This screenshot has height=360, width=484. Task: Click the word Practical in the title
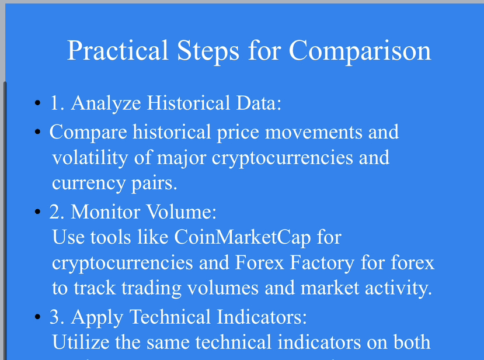pyautogui.click(x=117, y=50)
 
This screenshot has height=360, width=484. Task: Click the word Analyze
pyautogui.click(x=106, y=103)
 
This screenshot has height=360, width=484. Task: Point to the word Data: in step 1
pyautogui.click(x=259, y=103)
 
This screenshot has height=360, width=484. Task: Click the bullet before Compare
pyautogui.click(x=38, y=132)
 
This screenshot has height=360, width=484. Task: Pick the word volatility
pyautogui.click(x=90, y=158)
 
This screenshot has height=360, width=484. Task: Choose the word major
pyautogui.click(x=182, y=158)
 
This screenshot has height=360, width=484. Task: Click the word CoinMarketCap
pyautogui.click(x=242, y=238)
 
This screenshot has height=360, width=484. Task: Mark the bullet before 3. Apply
pyautogui.click(x=38, y=317)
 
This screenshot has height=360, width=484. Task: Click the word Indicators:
pyautogui.click(x=262, y=317)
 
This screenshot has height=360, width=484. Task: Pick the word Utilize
pyautogui.click(x=81, y=342)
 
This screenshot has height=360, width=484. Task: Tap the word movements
pyautogui.click(x=314, y=132)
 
